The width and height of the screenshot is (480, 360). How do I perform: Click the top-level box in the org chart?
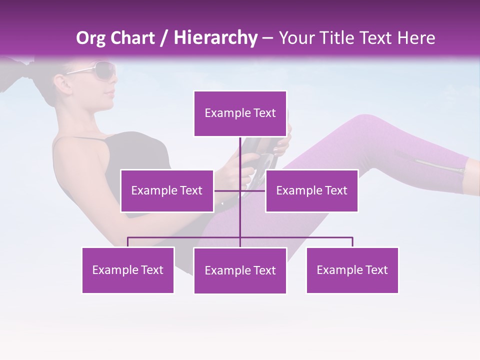240,113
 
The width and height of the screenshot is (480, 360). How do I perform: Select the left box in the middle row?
167,190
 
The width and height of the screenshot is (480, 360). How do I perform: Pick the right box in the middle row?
311,190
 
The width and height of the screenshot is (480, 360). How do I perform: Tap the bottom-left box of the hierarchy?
128,270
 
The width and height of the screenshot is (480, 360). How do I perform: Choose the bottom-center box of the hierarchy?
240,270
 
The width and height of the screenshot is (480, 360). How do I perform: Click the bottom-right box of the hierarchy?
352,270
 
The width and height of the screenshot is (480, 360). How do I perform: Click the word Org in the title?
89,38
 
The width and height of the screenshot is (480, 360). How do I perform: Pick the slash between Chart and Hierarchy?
163,38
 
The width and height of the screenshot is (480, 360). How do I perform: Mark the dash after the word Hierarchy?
268,38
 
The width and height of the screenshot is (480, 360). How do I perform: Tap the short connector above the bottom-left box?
128,242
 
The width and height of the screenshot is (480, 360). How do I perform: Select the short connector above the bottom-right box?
352,242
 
